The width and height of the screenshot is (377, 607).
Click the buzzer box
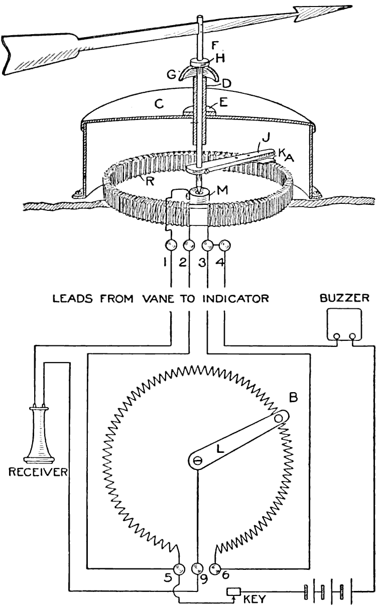coord(344,325)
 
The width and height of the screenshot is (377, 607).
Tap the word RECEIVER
coord(37,472)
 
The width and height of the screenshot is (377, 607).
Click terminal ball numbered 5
coord(179,568)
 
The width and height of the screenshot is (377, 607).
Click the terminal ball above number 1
coord(171,246)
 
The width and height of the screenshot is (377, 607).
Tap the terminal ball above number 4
coord(224,246)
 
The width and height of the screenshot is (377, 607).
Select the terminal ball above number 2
coord(189,246)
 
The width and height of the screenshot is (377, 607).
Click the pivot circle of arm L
coord(197,459)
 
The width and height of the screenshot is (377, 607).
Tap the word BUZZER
coord(345,298)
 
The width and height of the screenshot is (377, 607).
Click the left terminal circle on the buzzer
coord(337,336)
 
